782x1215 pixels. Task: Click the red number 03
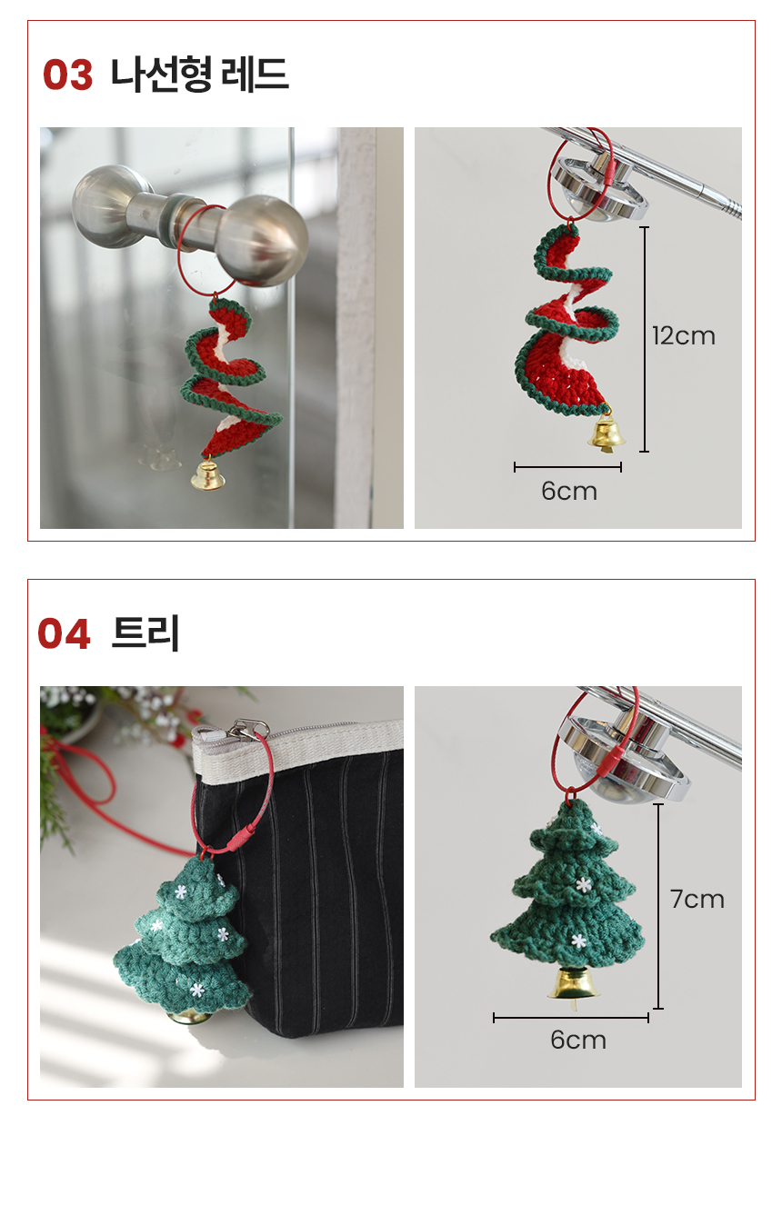(67, 75)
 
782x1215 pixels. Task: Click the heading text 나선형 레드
(199, 74)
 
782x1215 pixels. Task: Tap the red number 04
(64, 633)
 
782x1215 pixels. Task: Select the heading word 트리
(145, 633)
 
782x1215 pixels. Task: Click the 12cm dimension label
(683, 336)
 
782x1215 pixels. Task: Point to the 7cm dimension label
(697, 900)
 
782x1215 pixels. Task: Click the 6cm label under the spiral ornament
(568, 492)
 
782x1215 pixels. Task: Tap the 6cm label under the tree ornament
(578, 1040)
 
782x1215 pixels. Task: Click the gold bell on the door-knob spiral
(207, 474)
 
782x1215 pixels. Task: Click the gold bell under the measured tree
(573, 981)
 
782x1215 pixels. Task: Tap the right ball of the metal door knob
(263, 240)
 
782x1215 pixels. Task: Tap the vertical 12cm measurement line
(644, 339)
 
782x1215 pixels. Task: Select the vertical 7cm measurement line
(658, 906)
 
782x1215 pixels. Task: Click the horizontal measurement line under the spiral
(567, 467)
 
